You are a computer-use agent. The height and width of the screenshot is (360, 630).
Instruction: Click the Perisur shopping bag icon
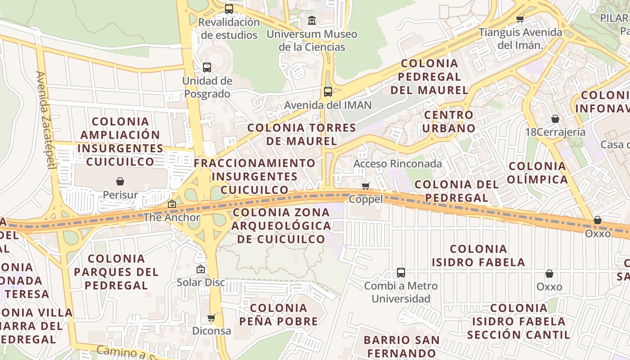120,181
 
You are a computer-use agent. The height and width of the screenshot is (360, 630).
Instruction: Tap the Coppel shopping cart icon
366,186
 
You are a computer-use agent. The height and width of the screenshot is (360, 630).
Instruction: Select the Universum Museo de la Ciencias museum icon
311,21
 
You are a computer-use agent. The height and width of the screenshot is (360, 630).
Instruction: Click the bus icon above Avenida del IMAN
328,92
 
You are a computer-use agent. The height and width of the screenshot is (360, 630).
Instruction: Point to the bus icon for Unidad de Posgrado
207,67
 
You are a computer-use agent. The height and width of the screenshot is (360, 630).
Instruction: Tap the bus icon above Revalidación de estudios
229,9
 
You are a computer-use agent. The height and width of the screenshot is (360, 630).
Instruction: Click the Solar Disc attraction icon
201,269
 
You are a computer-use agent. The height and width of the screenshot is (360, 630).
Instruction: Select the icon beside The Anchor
172,204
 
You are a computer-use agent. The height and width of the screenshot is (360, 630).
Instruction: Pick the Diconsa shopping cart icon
211,318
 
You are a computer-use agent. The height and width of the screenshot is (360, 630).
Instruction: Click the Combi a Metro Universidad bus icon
401,272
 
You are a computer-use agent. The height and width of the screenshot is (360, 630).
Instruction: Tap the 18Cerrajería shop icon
555,119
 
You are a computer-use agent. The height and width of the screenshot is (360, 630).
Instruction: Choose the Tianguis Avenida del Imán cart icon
520,19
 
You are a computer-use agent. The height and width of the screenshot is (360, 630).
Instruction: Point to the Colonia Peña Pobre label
279,315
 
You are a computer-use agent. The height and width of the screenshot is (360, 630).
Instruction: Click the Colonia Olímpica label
538,173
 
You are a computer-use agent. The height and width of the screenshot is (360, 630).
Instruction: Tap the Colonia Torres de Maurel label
301,134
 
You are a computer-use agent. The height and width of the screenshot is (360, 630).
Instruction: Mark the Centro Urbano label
449,121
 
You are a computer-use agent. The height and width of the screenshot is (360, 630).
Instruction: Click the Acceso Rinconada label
397,164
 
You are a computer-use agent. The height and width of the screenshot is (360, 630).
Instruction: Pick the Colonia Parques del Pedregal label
116,272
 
